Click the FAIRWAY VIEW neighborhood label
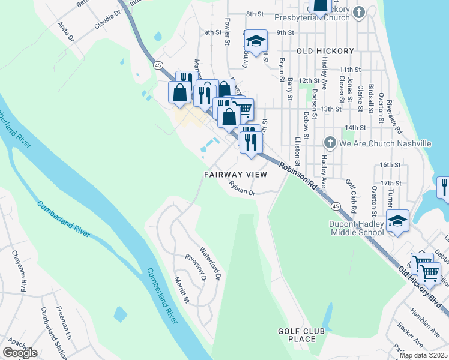[235, 174]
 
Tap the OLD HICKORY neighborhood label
[325, 51]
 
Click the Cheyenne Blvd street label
[20, 271]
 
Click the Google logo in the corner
[20, 353]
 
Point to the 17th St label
[390, 182]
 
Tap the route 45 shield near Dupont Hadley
[335, 206]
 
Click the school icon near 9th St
[256, 41]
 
